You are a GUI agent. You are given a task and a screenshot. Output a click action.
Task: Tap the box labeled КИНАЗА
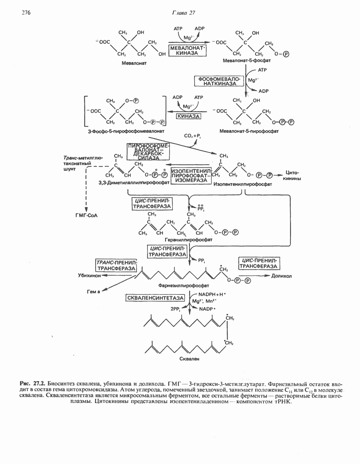pyautogui.click(x=188, y=116)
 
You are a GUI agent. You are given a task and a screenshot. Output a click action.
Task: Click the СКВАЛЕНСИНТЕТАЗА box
pyautogui.click(x=155, y=298)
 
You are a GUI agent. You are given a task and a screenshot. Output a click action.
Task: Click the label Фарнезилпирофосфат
pyautogui.click(x=184, y=286)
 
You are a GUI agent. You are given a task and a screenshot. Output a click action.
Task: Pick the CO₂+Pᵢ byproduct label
pyautogui.click(x=192, y=136)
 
